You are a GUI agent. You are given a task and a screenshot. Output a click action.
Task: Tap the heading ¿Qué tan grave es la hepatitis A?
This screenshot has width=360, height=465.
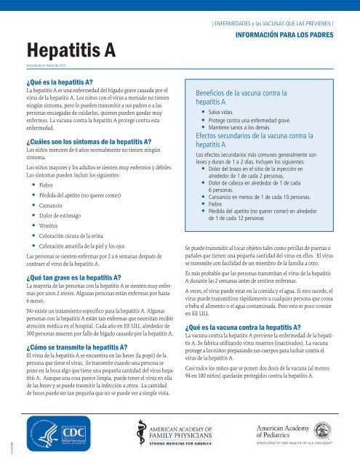pyautogui.click(x=80, y=278)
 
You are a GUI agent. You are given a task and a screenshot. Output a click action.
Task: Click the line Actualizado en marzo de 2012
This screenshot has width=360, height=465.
pyautogui.click(x=53, y=65)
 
